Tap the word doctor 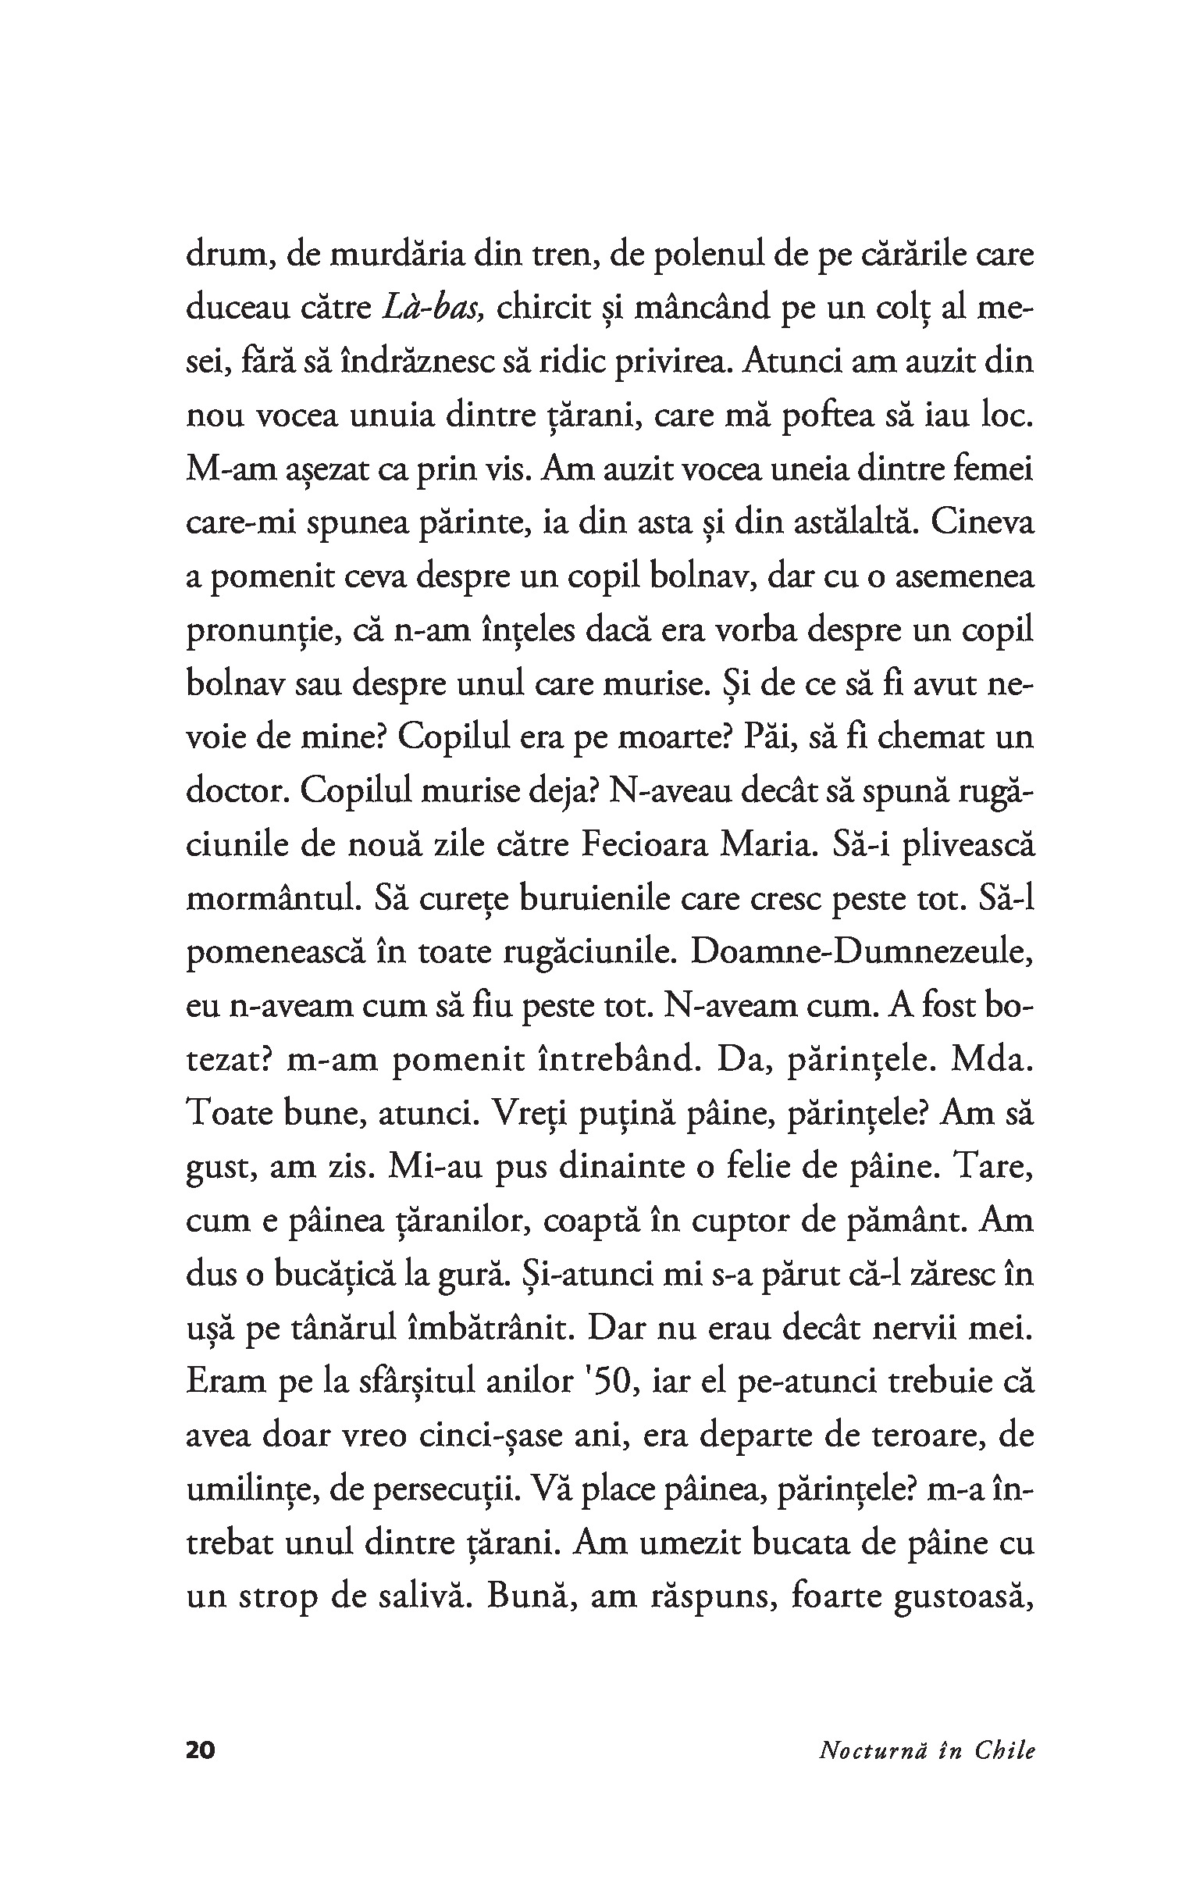(x=237, y=791)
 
